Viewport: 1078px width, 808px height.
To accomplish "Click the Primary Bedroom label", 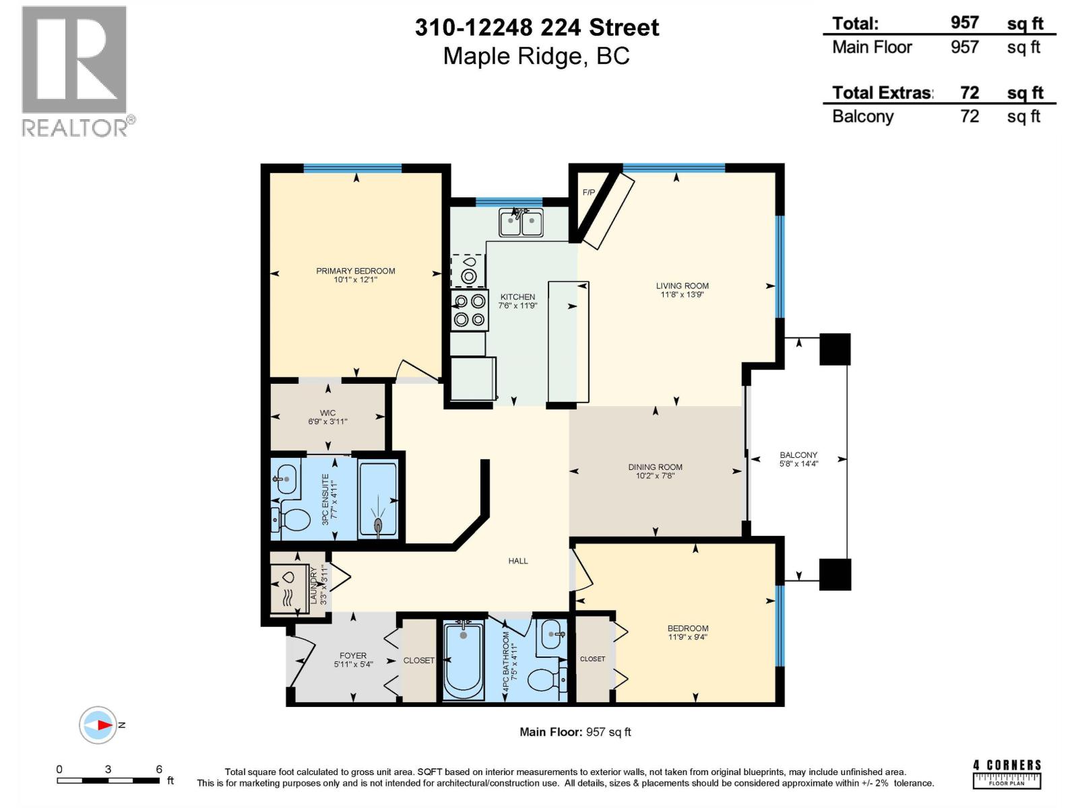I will (355, 271).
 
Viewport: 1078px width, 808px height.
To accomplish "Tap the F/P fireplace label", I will (589, 193).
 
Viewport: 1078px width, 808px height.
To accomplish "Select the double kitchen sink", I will (521, 223).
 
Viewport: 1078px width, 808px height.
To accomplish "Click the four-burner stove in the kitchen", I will (470, 310).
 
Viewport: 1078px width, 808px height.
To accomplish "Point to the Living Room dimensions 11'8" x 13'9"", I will (682, 294).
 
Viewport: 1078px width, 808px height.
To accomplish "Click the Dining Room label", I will (655, 467).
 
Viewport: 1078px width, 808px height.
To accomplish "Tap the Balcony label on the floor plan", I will (798, 455).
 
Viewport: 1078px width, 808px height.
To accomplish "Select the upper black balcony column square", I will (835, 349).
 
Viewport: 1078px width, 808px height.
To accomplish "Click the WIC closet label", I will (327, 413).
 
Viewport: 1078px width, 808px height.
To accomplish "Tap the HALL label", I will (517, 561).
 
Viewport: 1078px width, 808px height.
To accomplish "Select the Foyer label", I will (353, 655).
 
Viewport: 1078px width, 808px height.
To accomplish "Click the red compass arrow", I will (104, 725).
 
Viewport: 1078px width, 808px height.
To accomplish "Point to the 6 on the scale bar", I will (159, 769).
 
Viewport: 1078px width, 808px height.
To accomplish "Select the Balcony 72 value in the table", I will (969, 116).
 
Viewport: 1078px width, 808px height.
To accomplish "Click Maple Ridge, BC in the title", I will (536, 56).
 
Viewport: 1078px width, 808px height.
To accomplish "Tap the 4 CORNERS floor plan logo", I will (1007, 774).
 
